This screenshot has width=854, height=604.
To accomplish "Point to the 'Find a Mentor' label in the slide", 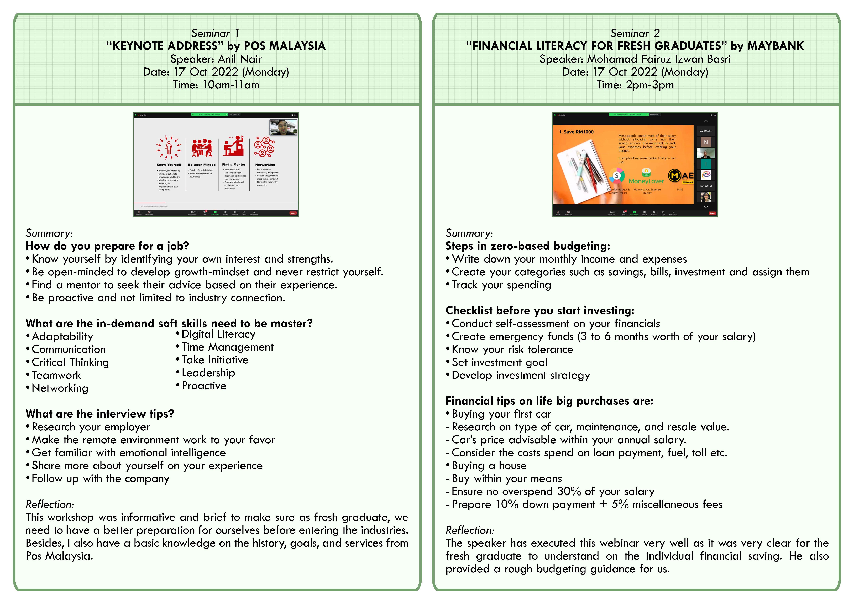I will (234, 164).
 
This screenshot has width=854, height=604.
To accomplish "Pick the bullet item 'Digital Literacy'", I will (218, 334).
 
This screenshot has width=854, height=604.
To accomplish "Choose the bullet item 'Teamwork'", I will (56, 375).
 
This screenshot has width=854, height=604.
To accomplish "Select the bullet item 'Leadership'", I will (208, 373).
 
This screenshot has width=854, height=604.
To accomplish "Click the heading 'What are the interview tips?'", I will (100, 414).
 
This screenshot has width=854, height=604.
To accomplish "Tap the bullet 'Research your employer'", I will (91, 427).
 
